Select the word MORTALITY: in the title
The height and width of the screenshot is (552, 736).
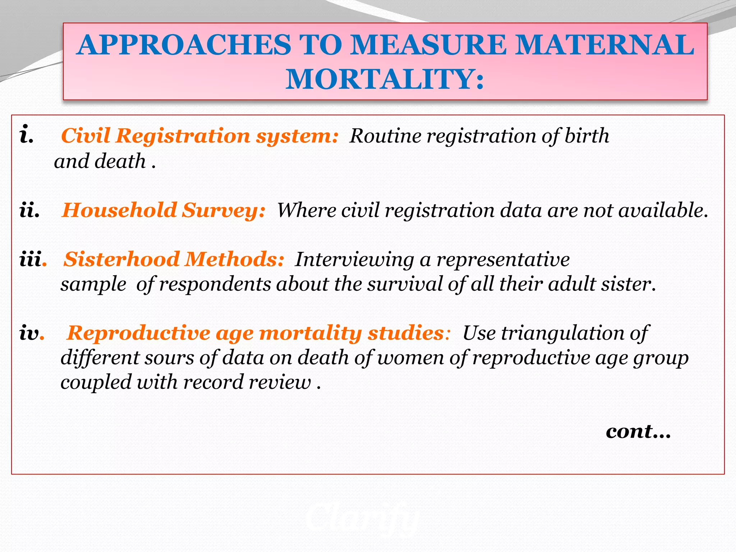tap(385, 79)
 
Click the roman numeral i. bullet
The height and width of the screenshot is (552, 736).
tap(27, 135)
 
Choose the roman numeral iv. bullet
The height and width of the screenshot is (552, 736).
tap(31, 333)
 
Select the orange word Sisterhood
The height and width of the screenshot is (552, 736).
tap(122, 259)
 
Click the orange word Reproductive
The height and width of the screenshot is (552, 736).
tap(139, 333)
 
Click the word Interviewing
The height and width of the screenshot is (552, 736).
tap(354, 259)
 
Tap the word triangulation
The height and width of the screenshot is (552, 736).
tap(562, 333)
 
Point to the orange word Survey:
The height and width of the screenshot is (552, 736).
tap(223, 211)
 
